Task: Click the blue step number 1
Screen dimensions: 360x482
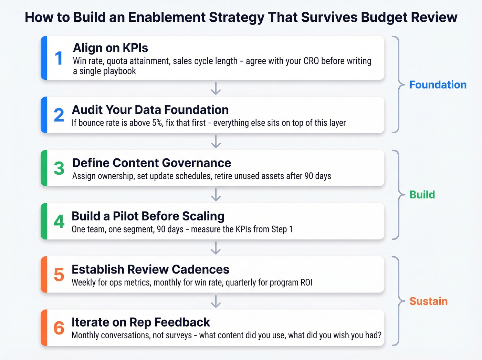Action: tap(59, 58)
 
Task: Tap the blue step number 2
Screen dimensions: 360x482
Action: tap(59, 115)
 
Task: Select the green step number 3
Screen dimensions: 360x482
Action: tap(59, 168)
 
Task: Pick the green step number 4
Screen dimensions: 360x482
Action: tap(59, 222)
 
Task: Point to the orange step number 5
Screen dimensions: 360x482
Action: tap(59, 275)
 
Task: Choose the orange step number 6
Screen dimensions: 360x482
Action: tap(59, 328)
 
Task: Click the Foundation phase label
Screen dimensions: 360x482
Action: tap(438, 85)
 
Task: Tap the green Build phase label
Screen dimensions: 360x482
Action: tap(422, 195)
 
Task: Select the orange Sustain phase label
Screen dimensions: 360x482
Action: tap(428, 301)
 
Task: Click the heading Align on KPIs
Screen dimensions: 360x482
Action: tap(111, 48)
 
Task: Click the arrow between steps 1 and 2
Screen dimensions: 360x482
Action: tap(216, 88)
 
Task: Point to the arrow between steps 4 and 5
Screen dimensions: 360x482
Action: tap(216, 248)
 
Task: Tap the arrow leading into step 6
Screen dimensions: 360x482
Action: tap(216, 301)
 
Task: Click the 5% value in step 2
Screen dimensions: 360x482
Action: tap(157, 123)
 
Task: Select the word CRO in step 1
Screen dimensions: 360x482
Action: tap(311, 61)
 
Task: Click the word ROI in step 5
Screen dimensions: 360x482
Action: tap(306, 282)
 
